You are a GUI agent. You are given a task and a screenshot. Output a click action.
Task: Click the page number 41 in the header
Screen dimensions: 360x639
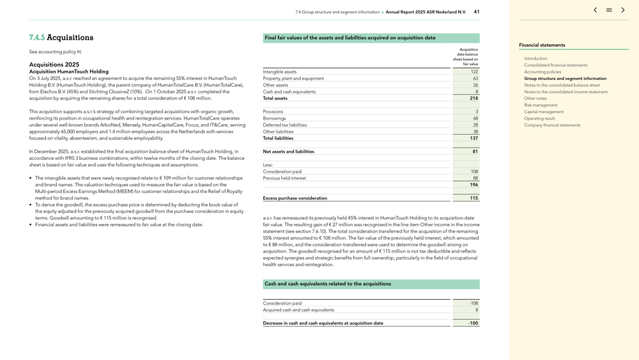(x=477, y=12)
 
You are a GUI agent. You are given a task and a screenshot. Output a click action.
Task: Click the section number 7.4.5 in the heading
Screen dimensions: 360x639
(x=36, y=38)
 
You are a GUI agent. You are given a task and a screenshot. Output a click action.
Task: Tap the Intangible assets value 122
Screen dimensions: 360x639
(x=474, y=72)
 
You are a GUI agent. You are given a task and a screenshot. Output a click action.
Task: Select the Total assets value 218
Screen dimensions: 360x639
(x=473, y=98)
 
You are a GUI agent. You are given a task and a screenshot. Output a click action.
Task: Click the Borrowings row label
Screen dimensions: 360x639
(x=274, y=118)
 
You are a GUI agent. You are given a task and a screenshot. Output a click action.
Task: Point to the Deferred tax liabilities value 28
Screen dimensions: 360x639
(x=475, y=125)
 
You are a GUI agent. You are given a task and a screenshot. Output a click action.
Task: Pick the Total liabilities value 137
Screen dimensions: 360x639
(x=473, y=138)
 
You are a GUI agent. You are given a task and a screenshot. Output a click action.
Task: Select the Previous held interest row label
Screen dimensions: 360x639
(x=284, y=178)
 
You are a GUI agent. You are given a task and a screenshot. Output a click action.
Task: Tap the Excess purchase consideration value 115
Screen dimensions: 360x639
(x=473, y=198)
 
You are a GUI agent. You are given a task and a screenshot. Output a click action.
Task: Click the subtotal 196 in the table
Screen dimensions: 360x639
(x=473, y=185)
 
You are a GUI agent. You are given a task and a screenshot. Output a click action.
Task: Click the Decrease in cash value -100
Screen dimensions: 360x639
(x=473, y=324)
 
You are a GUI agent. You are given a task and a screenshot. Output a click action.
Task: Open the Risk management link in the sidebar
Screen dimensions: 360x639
(x=541, y=105)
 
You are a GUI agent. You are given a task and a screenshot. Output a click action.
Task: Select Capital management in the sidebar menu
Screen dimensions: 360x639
(x=544, y=112)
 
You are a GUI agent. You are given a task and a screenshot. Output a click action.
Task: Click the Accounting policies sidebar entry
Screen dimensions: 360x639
(x=543, y=72)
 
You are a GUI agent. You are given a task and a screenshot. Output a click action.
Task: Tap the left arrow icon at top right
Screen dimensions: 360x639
(x=595, y=10)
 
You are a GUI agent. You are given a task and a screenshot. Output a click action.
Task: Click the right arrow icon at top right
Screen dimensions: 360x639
(x=623, y=10)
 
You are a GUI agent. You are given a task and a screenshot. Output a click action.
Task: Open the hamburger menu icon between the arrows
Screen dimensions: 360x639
(x=609, y=10)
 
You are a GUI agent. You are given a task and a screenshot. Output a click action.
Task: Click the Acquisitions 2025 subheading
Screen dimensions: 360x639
(x=54, y=65)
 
